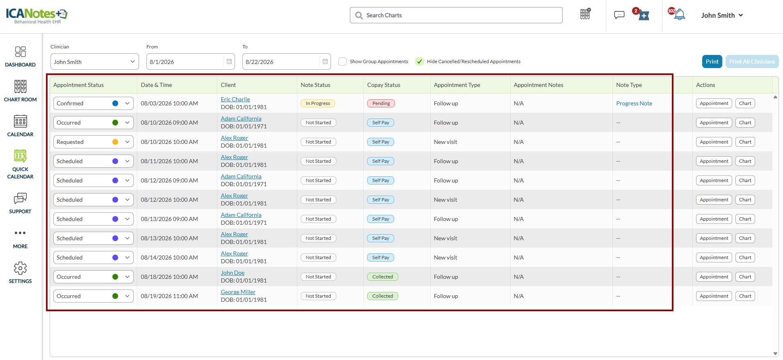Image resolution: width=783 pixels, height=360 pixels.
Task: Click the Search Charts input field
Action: (456, 15)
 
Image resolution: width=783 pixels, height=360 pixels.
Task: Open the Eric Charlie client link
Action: (235, 99)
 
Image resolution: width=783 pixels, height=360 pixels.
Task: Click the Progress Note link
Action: (634, 103)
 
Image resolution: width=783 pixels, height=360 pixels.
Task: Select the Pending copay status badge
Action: (381, 103)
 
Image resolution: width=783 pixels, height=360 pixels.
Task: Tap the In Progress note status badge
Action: (318, 103)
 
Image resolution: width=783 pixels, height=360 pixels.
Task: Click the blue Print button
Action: (712, 62)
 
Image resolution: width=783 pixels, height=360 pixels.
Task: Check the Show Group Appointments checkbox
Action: (342, 62)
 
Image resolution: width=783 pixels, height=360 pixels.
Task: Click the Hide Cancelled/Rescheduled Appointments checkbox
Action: (420, 62)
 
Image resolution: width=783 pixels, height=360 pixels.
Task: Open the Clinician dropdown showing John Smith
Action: (94, 62)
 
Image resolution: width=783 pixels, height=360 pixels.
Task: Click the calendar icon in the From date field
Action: (229, 62)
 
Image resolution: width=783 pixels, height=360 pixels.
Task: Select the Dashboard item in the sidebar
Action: (20, 57)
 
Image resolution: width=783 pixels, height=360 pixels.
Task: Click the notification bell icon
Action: (680, 15)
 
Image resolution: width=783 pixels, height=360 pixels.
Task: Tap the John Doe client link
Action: (233, 273)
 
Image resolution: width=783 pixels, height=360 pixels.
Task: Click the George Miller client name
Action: (238, 292)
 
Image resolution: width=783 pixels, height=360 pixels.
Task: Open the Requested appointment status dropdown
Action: (93, 142)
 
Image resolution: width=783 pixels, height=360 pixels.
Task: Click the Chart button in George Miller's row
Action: (745, 296)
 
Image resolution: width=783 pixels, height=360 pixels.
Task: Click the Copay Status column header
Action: (384, 85)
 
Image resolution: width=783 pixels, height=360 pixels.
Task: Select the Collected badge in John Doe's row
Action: (382, 277)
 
